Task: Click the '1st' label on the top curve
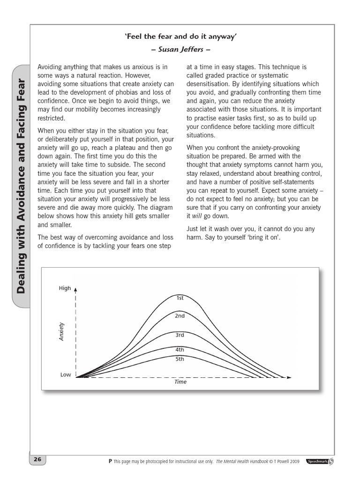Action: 180,298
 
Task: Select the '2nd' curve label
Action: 180,316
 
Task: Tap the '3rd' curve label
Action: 180,335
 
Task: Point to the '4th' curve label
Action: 180,350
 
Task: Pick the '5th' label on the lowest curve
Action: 180,359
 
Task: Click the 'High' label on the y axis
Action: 65,288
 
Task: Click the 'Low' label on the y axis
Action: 66,375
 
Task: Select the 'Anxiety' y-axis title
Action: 61,331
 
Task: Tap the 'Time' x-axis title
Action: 180,382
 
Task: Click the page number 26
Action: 37,459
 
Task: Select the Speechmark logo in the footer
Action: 320,461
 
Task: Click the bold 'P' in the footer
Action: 110,461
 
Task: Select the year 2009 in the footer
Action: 294,461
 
